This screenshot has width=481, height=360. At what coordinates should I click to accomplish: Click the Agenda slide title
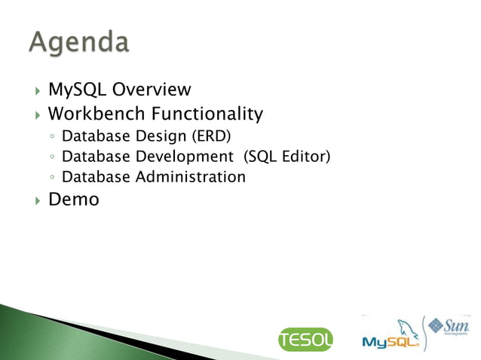(x=79, y=42)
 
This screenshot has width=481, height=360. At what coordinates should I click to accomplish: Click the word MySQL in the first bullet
(x=78, y=90)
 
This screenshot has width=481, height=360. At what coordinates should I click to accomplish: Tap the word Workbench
(x=93, y=114)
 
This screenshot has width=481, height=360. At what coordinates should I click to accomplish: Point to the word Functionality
(x=204, y=114)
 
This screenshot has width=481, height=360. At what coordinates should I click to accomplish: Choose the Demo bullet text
(x=73, y=200)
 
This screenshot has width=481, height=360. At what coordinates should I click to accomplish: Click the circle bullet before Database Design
(x=50, y=138)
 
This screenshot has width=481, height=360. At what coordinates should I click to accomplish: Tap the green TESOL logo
(x=305, y=340)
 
